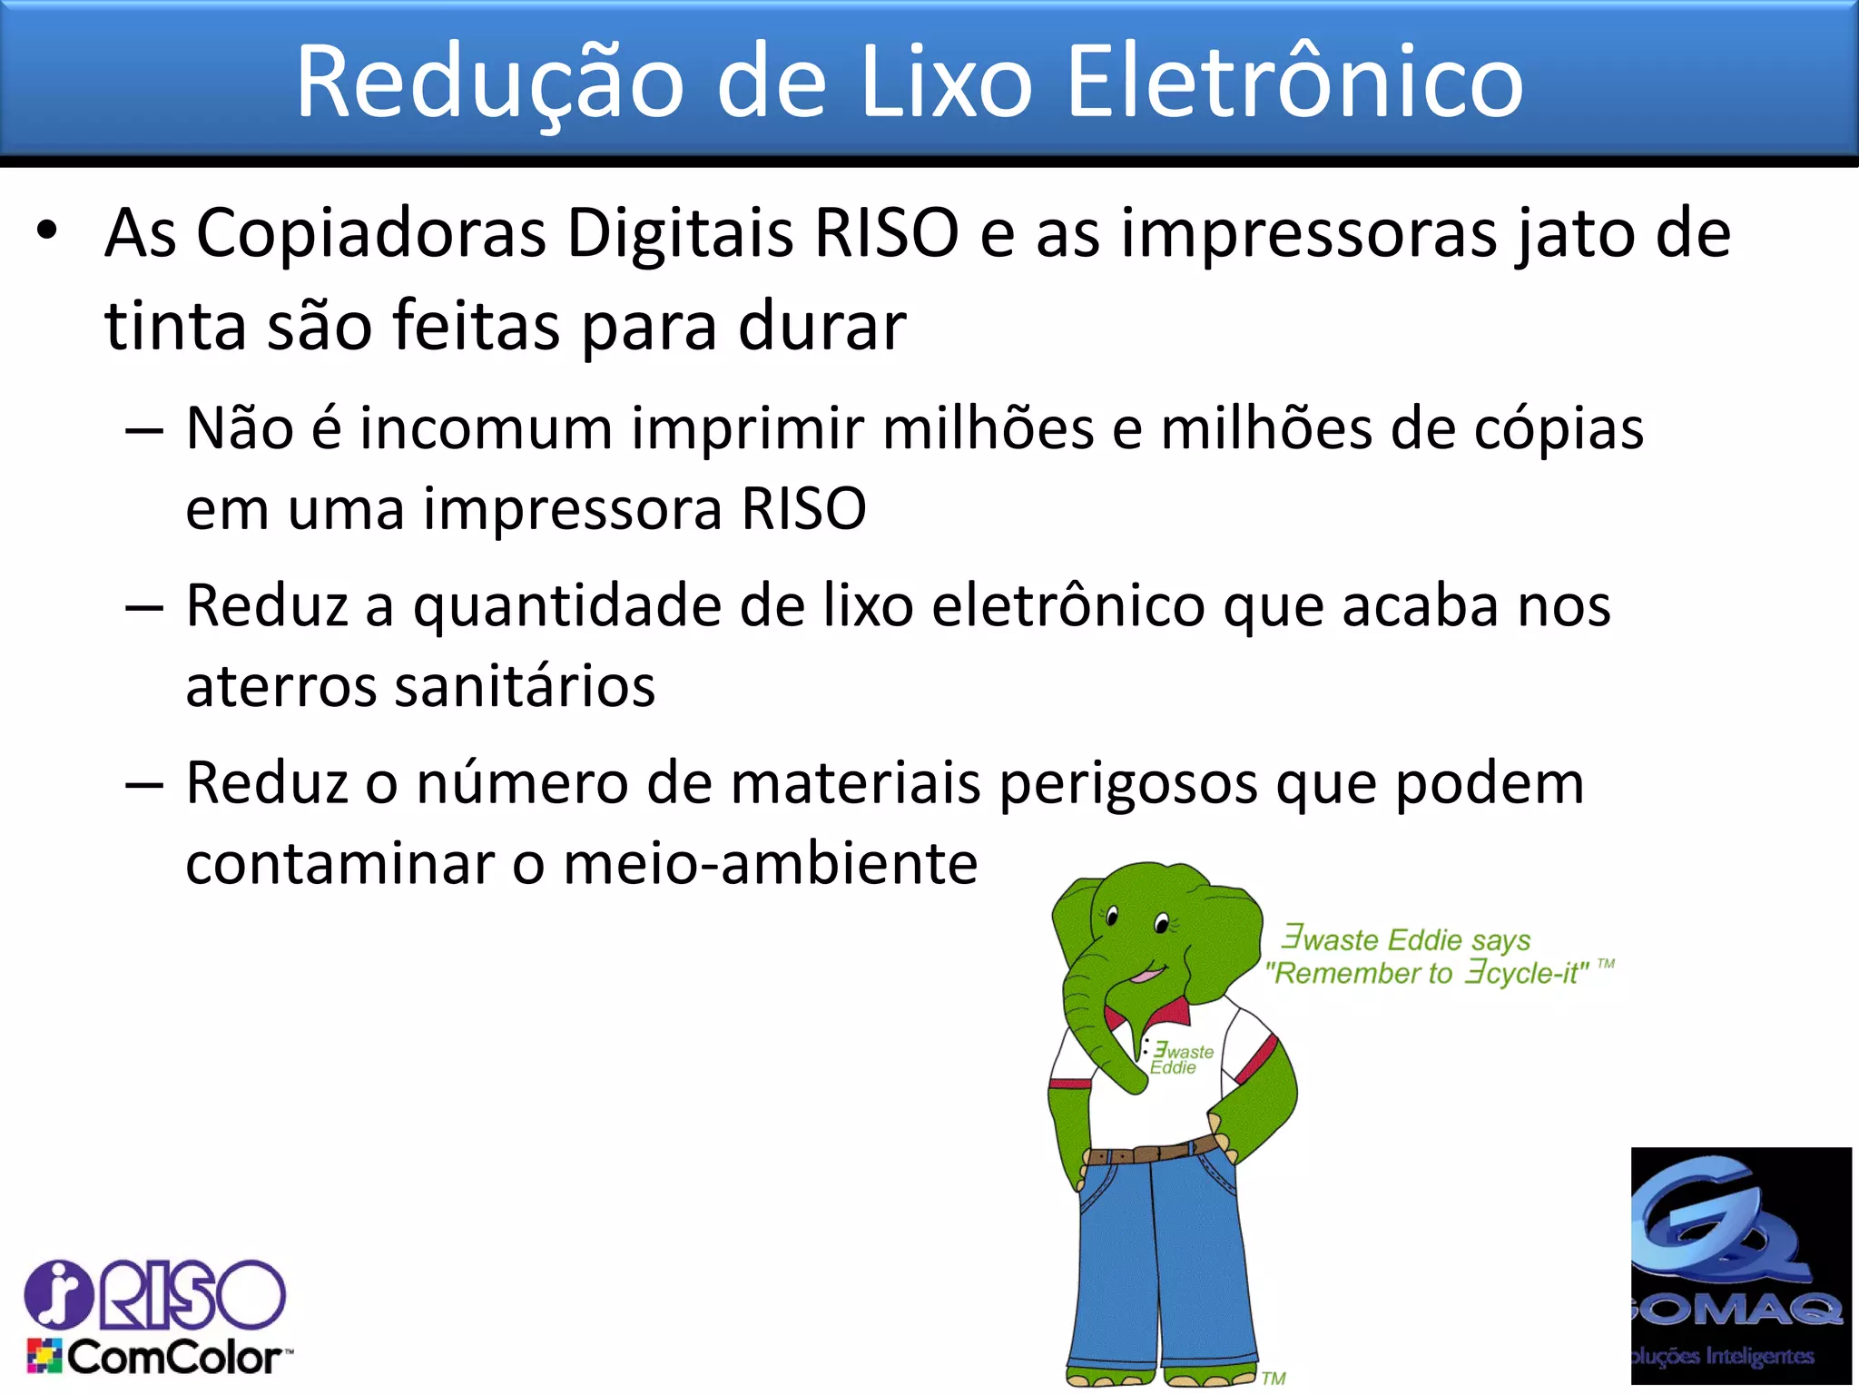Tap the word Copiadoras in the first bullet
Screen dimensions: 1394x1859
coord(371,233)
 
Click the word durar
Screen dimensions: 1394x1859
coord(821,326)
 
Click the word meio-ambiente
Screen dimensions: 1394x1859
coord(771,863)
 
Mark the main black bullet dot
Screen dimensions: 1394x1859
coord(47,231)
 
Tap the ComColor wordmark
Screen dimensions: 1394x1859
coord(172,1358)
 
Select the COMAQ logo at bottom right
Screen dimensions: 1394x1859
coord(1740,1265)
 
